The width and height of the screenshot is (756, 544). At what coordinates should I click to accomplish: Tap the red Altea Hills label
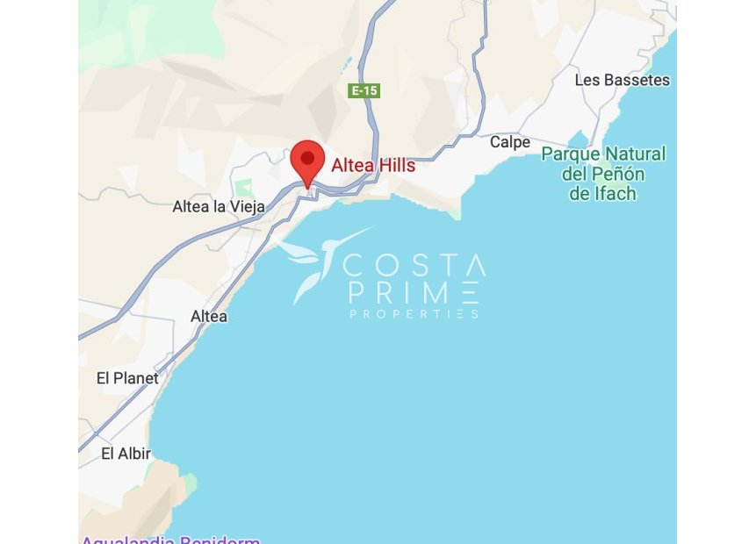point(372,164)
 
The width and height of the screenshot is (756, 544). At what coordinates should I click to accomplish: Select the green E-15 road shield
point(364,90)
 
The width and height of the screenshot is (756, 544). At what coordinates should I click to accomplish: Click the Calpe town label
point(509,142)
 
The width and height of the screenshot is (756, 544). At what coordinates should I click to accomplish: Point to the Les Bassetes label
point(622,80)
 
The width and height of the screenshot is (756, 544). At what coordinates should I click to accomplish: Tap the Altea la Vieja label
point(218,207)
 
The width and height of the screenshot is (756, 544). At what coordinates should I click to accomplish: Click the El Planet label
point(127,378)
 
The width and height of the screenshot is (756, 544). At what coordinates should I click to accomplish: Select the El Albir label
point(126,454)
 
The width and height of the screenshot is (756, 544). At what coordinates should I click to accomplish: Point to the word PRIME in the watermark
point(414,292)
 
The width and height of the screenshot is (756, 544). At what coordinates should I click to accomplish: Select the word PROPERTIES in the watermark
point(414,313)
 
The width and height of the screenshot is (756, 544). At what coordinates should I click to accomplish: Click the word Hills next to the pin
point(396,164)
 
